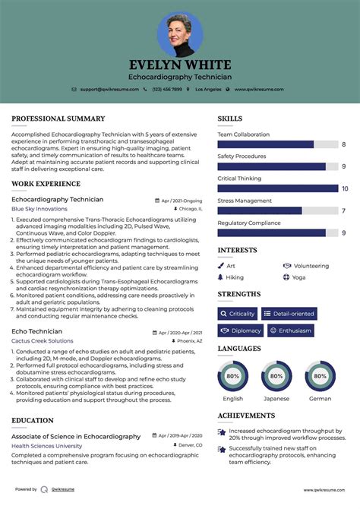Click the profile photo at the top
point(180,34)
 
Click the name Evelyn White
point(180,65)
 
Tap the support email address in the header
point(109,89)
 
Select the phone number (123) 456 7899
point(166,89)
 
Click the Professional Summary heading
point(58,119)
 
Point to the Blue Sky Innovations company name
point(39,208)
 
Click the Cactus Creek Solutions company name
point(42,341)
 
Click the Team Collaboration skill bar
point(278,144)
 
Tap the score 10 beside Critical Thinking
point(345,188)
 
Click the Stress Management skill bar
point(278,210)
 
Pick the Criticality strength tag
point(238,314)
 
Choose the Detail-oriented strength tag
point(289,314)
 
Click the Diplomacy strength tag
point(241,330)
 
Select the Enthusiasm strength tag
point(290,330)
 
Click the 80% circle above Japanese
point(276,375)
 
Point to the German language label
point(320,398)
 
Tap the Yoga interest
point(298,277)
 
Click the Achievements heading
point(246,416)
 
